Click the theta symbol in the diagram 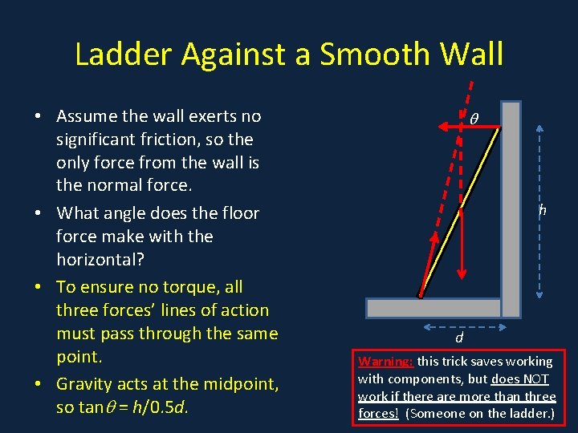pyautogui.click(x=474, y=119)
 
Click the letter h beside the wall pyautogui.click(x=543, y=210)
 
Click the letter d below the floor pyautogui.click(x=458, y=339)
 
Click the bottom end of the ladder pyautogui.click(x=420, y=295)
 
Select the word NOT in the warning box pyautogui.click(x=533, y=378)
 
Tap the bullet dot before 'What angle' pyautogui.click(x=39, y=213)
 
